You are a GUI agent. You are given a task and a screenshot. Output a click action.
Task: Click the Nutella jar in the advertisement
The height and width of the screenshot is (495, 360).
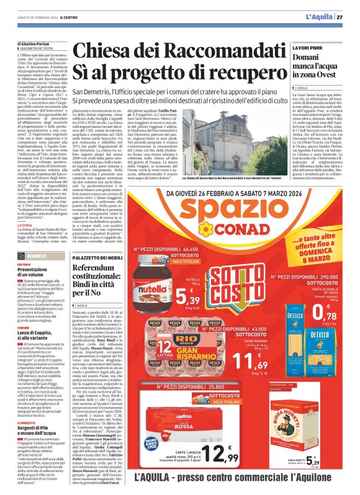(x=151, y=274)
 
